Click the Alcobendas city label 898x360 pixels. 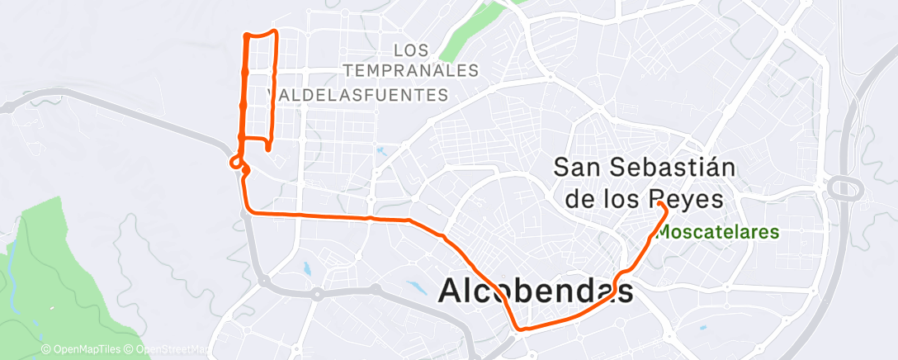pos(536,291)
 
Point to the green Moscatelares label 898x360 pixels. pos(717,233)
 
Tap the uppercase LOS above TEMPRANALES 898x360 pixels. pos(412,50)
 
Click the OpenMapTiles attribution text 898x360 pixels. pos(84,350)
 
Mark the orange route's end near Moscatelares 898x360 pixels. pos(661,202)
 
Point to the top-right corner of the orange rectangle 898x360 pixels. pos(274,32)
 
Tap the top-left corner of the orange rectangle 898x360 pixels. pos(246,35)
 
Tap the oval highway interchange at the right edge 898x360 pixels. pos(845,189)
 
